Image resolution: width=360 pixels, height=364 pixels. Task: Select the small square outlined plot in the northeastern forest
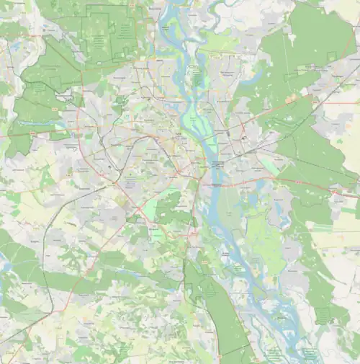click(x=332, y=57)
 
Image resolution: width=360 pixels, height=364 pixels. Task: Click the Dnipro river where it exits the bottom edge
click(x=302, y=360)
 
